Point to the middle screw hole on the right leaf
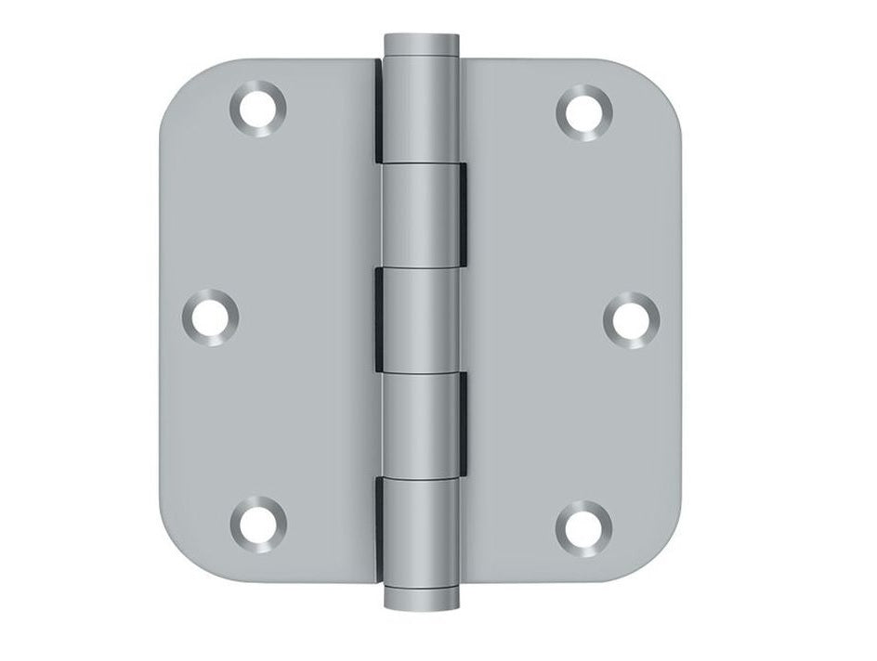pos(631,318)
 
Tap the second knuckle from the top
pos(424,214)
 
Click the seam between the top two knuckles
pos(423,162)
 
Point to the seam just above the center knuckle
pos(423,266)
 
